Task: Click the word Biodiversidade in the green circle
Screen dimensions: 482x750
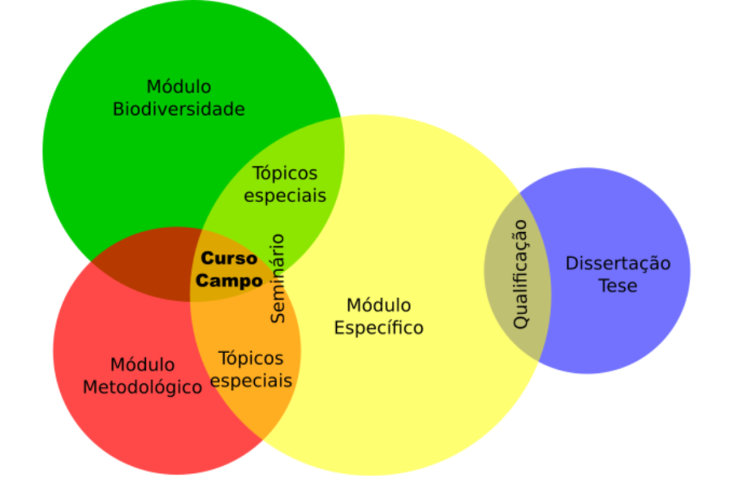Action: [179, 110]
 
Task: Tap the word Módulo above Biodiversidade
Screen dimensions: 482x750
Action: [179, 87]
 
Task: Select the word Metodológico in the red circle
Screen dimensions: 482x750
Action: [142, 387]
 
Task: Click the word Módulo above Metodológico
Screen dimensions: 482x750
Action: [143, 364]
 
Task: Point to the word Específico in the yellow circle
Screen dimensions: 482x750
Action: [379, 327]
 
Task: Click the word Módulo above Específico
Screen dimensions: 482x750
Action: [379, 305]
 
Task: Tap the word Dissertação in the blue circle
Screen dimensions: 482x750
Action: [617, 264]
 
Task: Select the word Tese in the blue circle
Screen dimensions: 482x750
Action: [617, 286]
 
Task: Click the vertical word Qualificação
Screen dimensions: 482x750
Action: [520, 274]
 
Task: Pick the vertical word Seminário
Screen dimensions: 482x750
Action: [278, 278]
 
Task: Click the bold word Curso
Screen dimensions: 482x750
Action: [229, 259]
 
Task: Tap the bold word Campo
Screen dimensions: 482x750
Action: [229, 281]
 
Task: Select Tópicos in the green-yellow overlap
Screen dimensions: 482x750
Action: [285, 174]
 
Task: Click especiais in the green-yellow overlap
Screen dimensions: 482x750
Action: [285, 196]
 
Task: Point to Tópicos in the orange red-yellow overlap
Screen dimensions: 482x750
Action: [250, 358]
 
